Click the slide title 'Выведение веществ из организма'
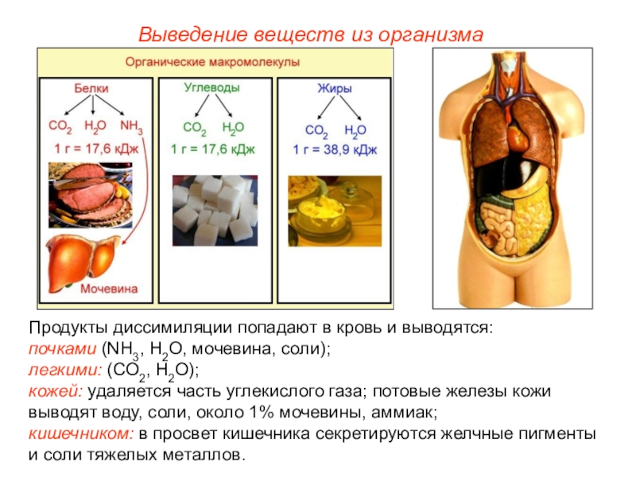click(311, 35)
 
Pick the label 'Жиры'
click(334, 89)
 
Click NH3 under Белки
click(131, 126)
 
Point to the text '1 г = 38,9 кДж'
click(334, 149)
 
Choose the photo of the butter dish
click(334, 210)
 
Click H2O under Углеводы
click(233, 126)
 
